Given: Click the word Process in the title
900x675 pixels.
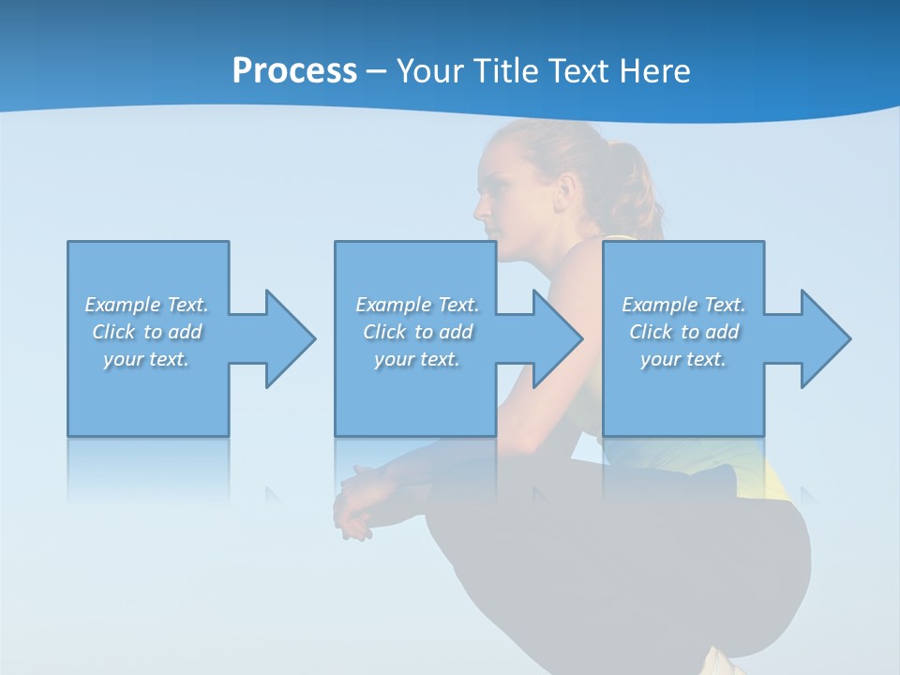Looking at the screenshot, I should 294,71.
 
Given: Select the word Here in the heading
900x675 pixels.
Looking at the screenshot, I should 654,71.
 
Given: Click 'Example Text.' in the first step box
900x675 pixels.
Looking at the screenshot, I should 146,305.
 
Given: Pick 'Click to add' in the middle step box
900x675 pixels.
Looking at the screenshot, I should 417,332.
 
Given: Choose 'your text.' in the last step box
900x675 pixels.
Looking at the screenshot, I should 683,359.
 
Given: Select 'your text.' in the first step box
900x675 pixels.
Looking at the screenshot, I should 146,359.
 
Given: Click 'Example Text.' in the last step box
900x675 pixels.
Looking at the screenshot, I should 683,305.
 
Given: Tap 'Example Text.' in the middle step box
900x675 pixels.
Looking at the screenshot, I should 417,305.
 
